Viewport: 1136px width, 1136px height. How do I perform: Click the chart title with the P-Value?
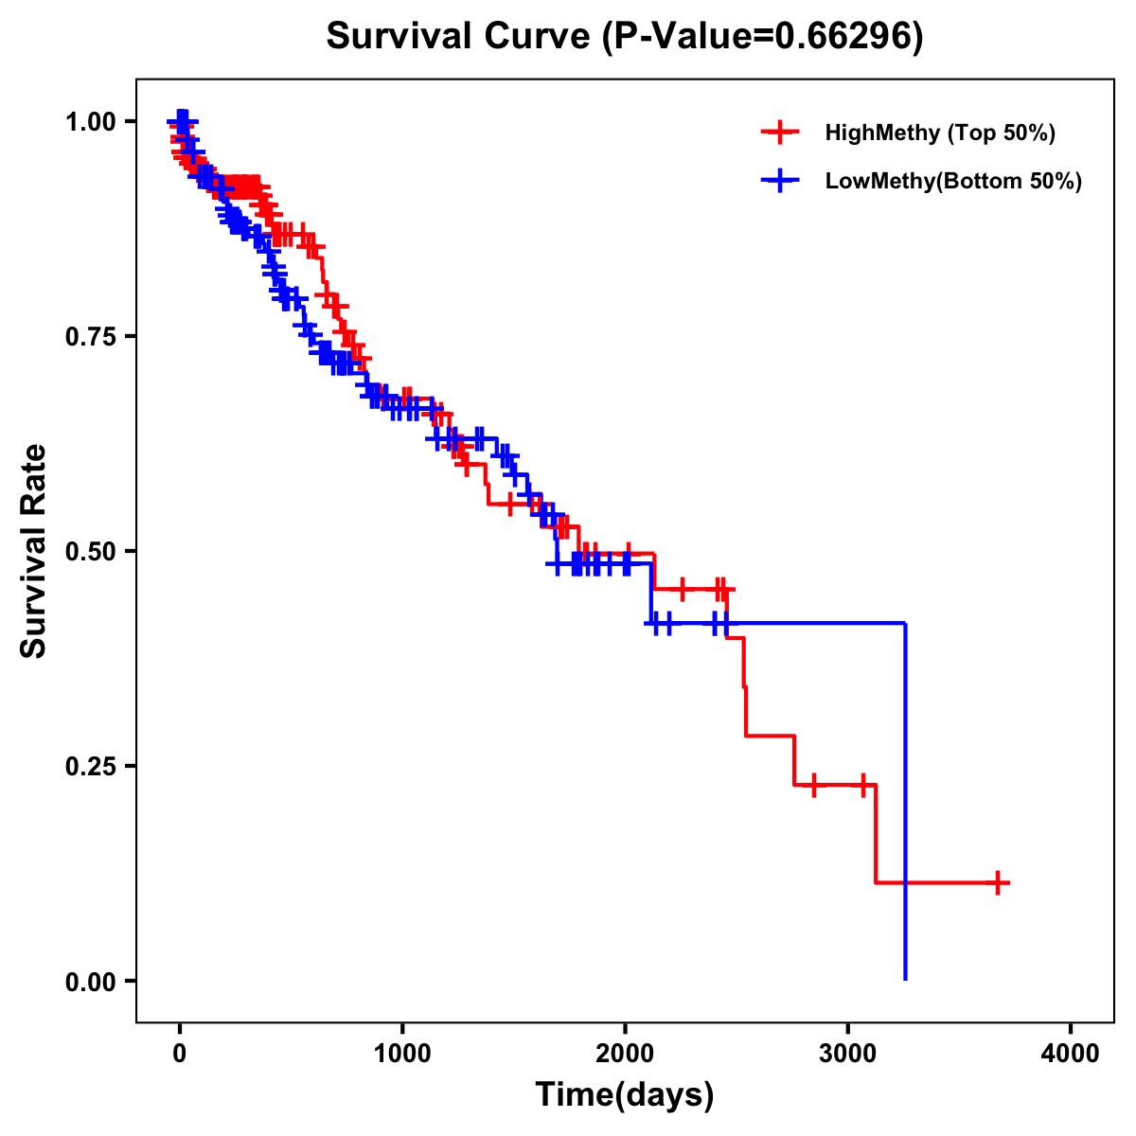[x=624, y=36]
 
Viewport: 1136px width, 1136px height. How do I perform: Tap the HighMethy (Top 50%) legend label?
[x=939, y=133]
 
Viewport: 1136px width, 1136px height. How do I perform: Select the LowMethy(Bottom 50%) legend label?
[x=953, y=181]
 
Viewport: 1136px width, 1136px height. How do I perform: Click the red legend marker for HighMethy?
[x=779, y=133]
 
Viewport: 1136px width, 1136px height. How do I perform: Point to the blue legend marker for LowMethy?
[x=779, y=181]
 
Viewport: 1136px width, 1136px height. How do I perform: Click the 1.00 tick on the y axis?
[x=91, y=122]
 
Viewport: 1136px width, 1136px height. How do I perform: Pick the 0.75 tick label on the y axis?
[x=91, y=337]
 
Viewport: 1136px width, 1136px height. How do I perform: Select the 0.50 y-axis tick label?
[x=91, y=552]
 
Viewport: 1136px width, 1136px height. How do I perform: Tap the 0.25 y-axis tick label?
[x=91, y=767]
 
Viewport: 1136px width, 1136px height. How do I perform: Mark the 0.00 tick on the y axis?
[x=91, y=982]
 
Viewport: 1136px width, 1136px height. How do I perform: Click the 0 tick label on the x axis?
[x=180, y=1054]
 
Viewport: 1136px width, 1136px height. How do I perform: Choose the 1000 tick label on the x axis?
[x=402, y=1054]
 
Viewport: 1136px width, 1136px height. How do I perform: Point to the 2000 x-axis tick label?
[x=625, y=1054]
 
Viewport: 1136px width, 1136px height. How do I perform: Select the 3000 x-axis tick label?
[x=848, y=1054]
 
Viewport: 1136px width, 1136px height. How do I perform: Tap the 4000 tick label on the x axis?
[x=1071, y=1054]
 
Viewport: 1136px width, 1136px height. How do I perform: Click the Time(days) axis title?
[x=625, y=1095]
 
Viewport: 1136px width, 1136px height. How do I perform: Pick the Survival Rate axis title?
[x=34, y=551]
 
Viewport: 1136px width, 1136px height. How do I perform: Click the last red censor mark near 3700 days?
[x=997, y=882]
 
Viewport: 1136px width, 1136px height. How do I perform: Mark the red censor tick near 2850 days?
[x=813, y=785]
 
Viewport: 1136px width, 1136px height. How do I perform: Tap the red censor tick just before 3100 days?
[x=863, y=785]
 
